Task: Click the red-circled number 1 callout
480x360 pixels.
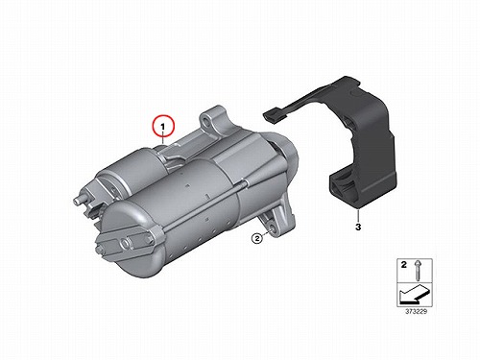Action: pyautogui.click(x=163, y=126)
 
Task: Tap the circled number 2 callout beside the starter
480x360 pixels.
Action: pyautogui.click(x=256, y=238)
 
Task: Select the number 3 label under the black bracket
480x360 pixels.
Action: pyautogui.click(x=358, y=227)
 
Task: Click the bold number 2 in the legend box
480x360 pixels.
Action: pyautogui.click(x=404, y=265)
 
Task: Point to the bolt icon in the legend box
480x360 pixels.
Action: pyautogui.click(x=418, y=271)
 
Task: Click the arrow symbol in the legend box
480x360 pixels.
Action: pyautogui.click(x=413, y=294)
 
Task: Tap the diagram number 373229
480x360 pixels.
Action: pyautogui.click(x=416, y=311)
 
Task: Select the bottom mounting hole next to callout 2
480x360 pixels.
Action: pyautogui.click(x=273, y=228)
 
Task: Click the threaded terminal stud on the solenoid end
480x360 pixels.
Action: pyautogui.click(x=80, y=200)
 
